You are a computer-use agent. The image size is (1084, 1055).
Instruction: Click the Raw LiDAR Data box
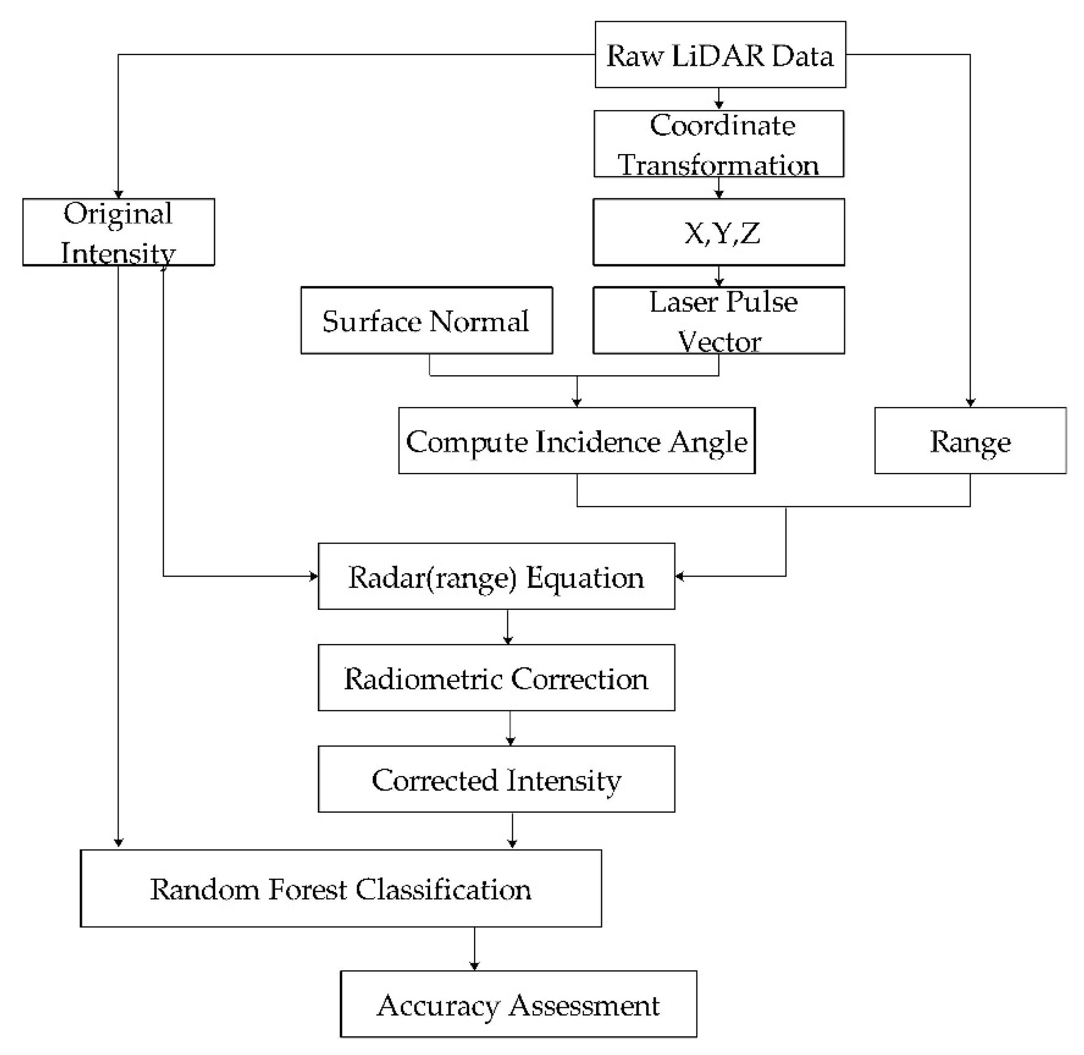coord(720,54)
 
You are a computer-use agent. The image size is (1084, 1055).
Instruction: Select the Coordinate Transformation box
coord(718,144)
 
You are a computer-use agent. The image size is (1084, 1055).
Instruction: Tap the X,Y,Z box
coord(718,232)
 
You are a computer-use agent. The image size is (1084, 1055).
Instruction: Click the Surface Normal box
coord(426,320)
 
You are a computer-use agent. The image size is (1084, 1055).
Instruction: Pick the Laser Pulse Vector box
coord(718,320)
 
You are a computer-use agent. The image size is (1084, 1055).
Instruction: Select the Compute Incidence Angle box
coord(576,441)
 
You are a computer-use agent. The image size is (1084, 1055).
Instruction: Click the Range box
coord(970,441)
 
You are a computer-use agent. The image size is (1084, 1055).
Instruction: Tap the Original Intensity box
coord(118,232)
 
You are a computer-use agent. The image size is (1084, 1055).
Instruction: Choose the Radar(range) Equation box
coord(496,576)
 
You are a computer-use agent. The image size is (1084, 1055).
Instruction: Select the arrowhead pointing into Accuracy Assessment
coord(474,966)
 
